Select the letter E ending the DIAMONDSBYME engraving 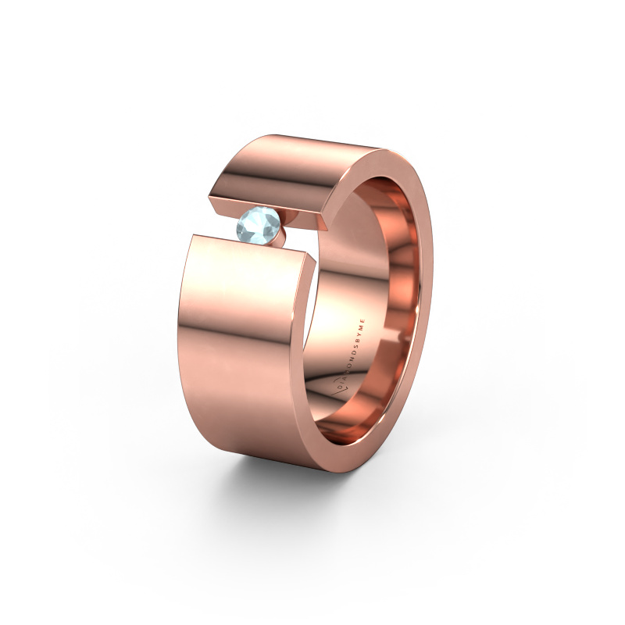362,321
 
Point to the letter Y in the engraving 359,334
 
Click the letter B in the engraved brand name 358,341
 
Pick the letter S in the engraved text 356,346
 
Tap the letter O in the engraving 350,365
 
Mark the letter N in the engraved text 352,359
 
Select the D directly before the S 354,352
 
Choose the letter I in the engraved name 343,382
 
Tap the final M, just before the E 362,327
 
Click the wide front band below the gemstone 242,352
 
